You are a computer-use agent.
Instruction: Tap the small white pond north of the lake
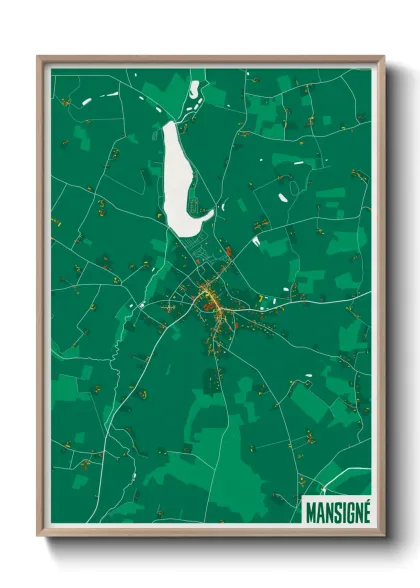(193, 90)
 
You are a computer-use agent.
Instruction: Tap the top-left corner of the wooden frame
(40, 58)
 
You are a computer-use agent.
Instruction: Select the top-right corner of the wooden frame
(382, 58)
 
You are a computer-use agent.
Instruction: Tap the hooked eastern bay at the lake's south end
(208, 212)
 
